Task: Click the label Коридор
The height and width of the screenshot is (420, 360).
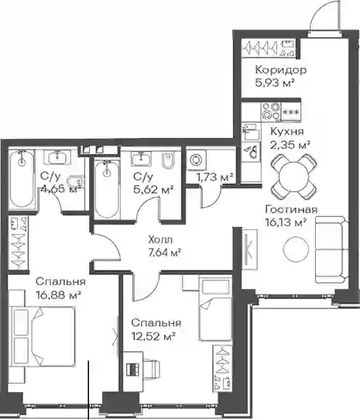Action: (281, 71)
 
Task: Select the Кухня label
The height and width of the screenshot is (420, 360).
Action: (287, 132)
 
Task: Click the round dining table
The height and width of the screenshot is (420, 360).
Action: (294, 177)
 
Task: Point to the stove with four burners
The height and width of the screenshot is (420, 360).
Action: (271, 111)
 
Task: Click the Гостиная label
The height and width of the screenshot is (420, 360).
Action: (291, 209)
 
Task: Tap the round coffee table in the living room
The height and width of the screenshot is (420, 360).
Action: (296, 249)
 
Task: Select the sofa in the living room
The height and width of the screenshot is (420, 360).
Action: (332, 250)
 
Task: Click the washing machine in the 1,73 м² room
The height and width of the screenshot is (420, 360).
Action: (196, 160)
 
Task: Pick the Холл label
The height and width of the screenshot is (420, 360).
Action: (160, 239)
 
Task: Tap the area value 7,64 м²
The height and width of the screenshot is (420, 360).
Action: (164, 253)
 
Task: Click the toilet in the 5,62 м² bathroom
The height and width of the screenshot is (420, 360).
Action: (168, 161)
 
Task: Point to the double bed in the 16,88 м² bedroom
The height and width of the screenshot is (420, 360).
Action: (43, 337)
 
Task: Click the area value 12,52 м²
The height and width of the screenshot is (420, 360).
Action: (153, 336)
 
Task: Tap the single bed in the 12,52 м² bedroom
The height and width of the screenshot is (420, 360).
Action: (215, 309)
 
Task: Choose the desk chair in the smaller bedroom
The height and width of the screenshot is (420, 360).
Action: (151, 370)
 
